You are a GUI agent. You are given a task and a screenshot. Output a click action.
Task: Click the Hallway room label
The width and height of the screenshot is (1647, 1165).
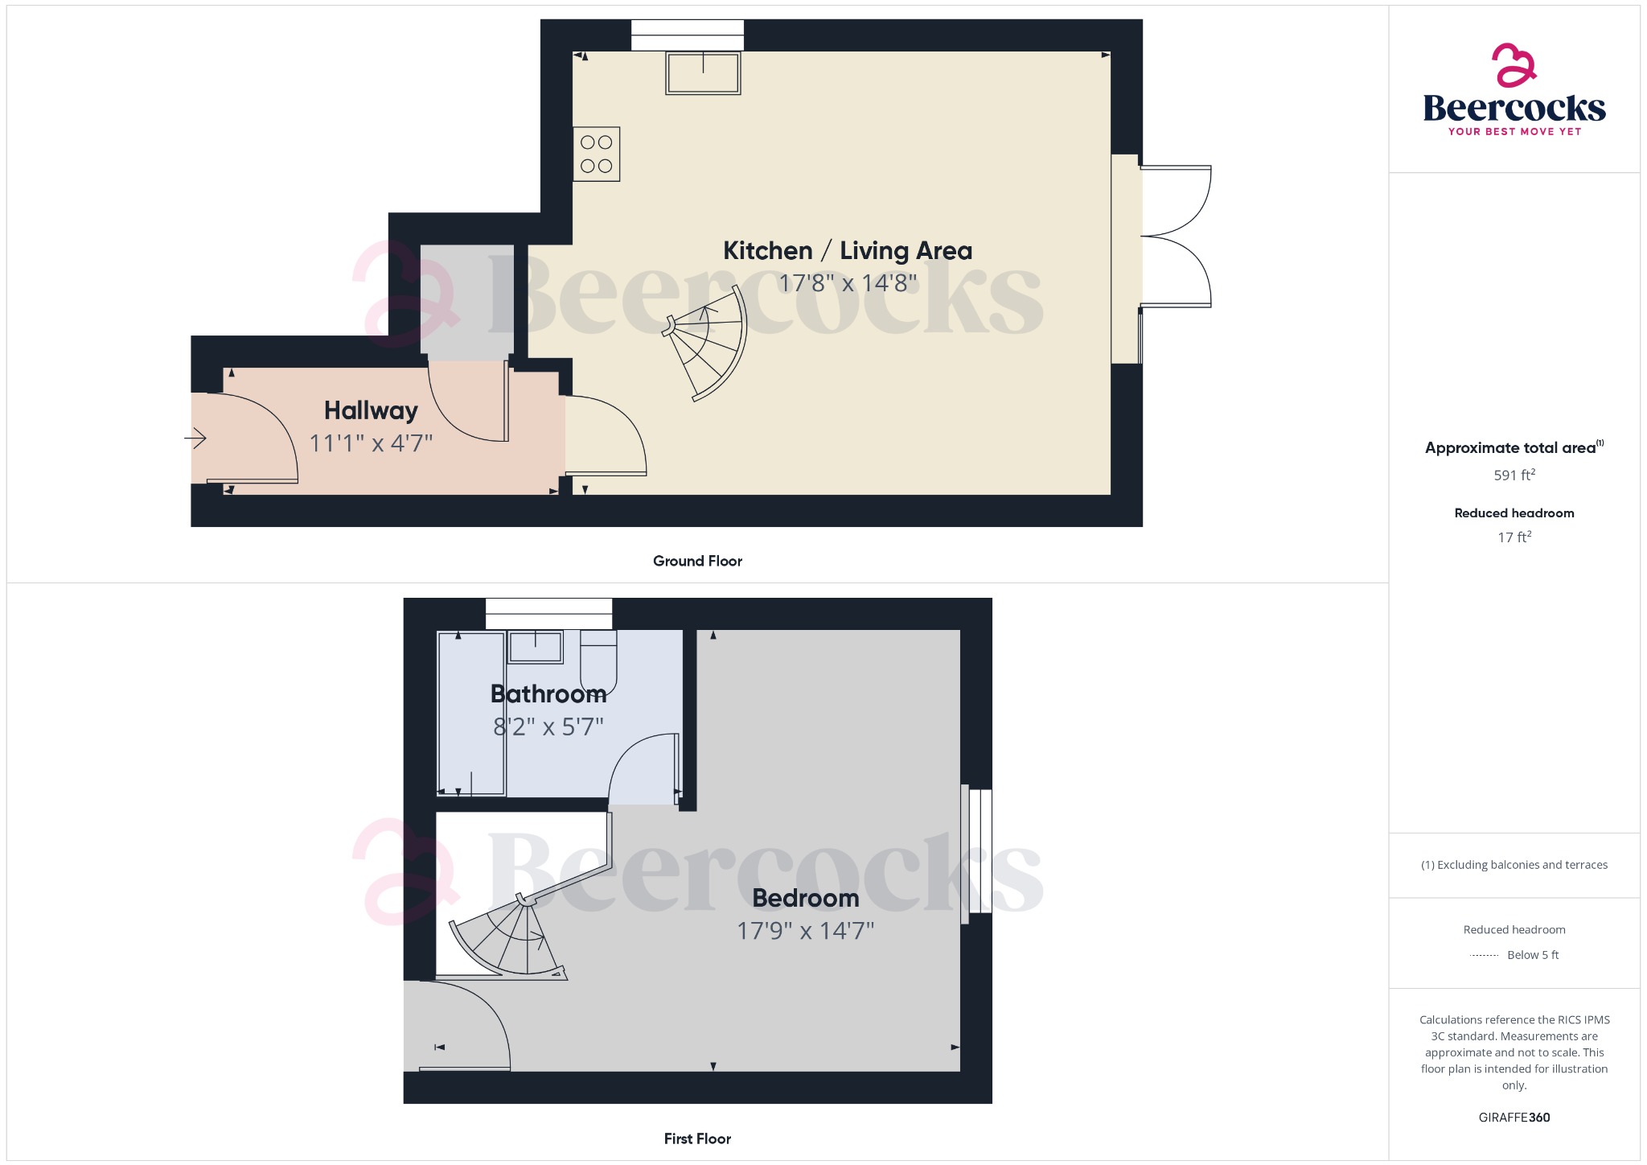tap(371, 411)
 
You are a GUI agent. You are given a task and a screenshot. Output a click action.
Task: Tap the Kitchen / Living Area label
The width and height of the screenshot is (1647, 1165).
tap(847, 251)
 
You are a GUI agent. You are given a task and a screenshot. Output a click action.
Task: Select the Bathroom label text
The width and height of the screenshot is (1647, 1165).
tap(548, 694)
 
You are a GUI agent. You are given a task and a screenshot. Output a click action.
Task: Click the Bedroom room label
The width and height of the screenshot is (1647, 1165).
tap(805, 898)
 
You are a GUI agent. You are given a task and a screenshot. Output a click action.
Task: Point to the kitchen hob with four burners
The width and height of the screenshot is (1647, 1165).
tap(596, 154)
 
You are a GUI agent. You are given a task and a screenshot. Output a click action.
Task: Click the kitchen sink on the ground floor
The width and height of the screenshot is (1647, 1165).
tap(703, 73)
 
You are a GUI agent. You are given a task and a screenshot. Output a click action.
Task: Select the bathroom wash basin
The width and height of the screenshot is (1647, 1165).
tap(535, 647)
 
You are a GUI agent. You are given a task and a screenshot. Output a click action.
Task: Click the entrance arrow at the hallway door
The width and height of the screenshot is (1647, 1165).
tap(195, 438)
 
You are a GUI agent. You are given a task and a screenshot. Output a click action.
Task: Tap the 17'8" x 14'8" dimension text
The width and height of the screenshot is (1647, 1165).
tap(847, 283)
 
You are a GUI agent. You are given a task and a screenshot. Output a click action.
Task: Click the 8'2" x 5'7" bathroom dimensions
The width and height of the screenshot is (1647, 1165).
tap(548, 727)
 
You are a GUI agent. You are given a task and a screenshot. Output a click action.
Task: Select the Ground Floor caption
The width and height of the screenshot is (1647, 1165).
tap(697, 562)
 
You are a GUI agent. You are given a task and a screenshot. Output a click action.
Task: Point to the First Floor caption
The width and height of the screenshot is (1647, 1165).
tap(697, 1139)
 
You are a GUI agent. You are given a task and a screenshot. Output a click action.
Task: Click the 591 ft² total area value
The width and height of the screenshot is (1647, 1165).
tap(1514, 475)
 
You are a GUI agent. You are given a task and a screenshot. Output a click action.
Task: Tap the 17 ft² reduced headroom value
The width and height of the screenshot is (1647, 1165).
tap(1514, 537)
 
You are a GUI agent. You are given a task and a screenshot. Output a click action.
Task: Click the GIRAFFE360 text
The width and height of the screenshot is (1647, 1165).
tap(1514, 1118)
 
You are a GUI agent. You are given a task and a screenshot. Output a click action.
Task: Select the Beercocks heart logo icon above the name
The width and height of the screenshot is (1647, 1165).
tap(1514, 65)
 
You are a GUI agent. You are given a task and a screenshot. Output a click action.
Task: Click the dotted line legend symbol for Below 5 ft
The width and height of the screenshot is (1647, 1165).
tap(1484, 956)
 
